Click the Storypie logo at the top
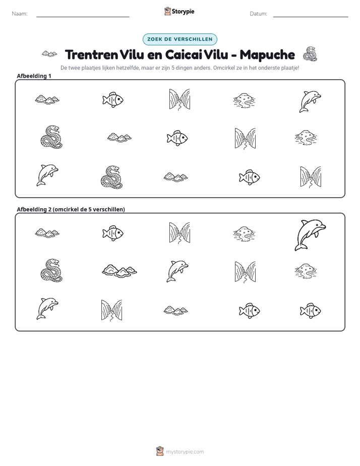[179, 11]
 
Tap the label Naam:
[20, 14]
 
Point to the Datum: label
[259, 14]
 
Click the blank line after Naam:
[83, 17]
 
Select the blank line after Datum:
[311, 17]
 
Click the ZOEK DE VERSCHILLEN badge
[180, 39]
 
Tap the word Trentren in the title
[91, 54]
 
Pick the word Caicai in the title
[184, 54]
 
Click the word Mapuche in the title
[267, 54]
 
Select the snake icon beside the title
[310, 54]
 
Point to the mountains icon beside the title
[49, 54]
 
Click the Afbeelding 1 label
[34, 76]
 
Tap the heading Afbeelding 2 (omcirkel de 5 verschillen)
[71, 209]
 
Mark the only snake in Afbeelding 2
[52, 270]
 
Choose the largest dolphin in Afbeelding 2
[310, 235]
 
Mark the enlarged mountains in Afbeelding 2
[119, 270]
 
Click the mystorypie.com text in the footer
[185, 452]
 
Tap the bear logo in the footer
[160, 451]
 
